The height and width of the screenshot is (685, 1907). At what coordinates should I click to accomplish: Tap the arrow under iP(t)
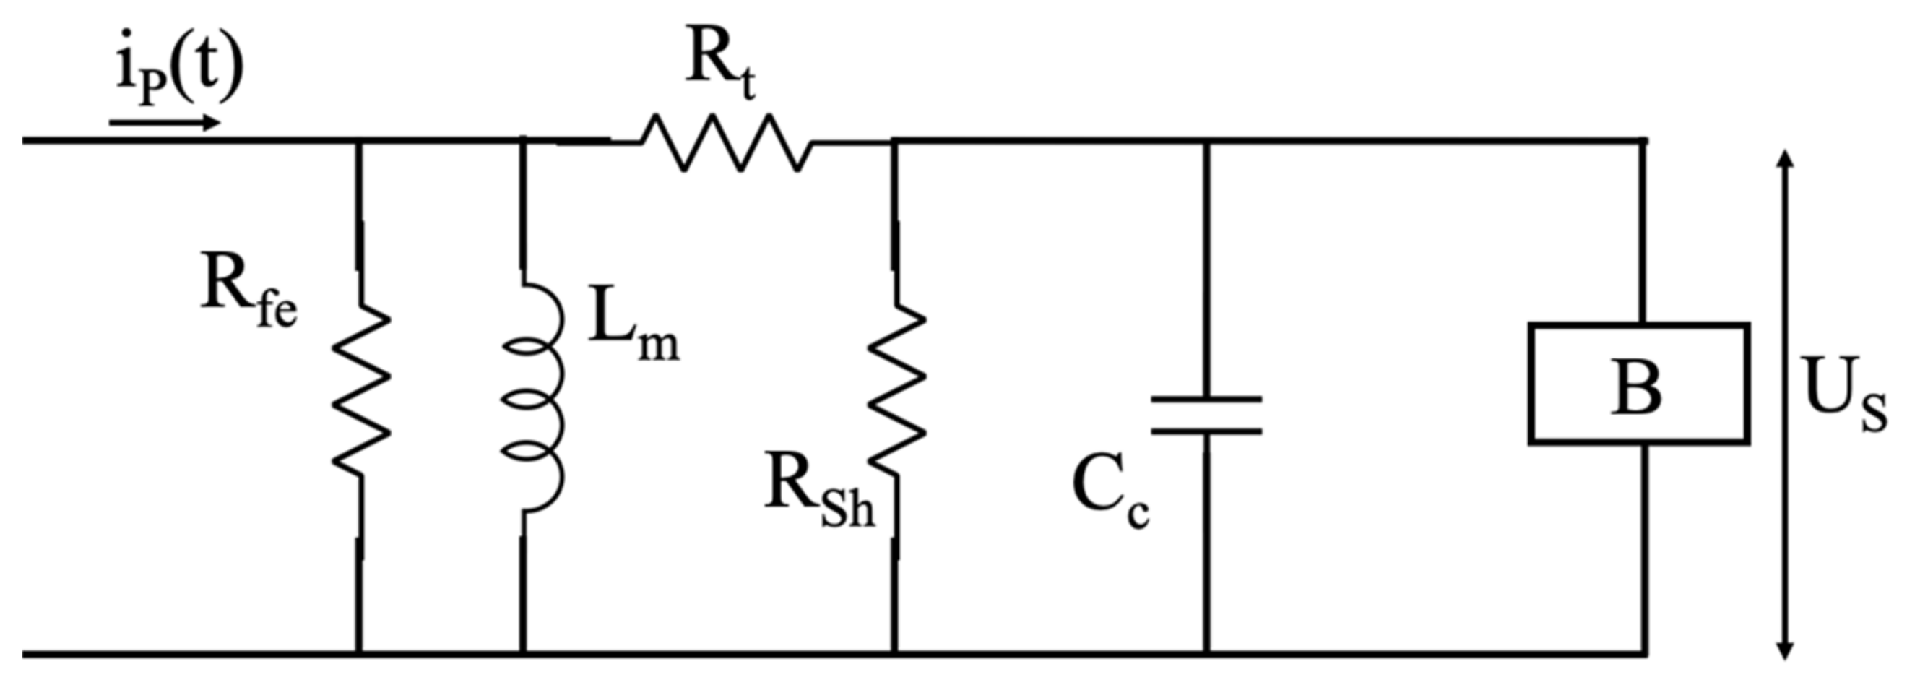point(165,122)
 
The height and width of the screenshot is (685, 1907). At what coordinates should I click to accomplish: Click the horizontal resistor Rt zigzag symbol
point(726,143)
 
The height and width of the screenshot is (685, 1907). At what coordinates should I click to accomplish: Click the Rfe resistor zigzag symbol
point(360,392)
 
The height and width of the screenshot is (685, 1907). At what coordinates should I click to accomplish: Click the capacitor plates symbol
point(1206,415)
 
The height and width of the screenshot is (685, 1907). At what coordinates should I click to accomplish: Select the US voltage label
point(1844,395)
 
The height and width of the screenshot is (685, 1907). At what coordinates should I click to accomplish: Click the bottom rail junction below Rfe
point(359,654)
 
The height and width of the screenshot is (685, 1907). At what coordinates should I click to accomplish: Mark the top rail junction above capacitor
point(1206,139)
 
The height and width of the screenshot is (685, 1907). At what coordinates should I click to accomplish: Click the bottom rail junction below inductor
point(523,654)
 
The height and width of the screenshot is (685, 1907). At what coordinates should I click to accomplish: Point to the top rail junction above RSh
point(894,140)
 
